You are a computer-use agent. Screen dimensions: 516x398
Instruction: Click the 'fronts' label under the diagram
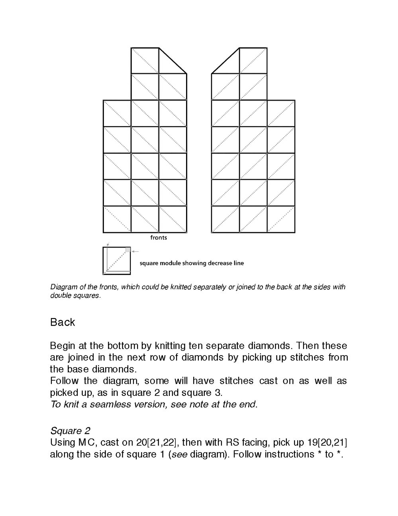coord(159,238)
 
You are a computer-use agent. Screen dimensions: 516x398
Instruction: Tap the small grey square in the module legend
coord(128,250)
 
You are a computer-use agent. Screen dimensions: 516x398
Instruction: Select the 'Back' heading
coord(63,322)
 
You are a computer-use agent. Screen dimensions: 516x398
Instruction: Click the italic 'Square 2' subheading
coord(70,431)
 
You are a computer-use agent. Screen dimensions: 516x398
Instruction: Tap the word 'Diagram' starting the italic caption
coord(62,287)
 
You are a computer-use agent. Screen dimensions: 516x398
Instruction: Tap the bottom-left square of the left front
coord(117,219)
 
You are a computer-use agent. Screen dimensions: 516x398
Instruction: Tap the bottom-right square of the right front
coord(281,219)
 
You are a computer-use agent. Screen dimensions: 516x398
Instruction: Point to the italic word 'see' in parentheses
coord(179,455)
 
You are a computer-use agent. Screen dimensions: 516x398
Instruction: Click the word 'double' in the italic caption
coord(59,296)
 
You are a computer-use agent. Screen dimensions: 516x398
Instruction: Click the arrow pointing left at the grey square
coord(135,251)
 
